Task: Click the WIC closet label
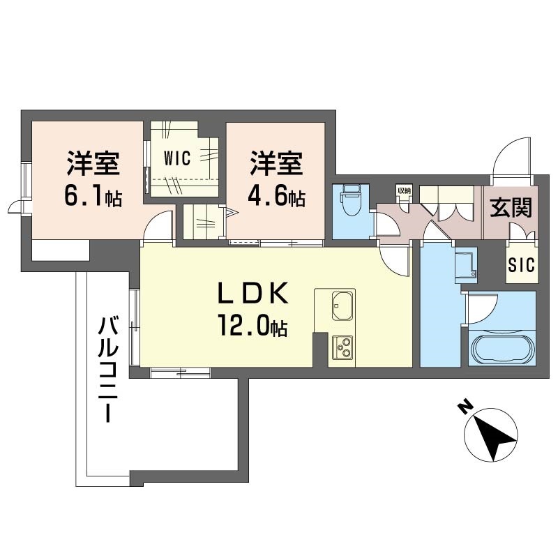[177, 158]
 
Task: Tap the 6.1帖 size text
[93, 197]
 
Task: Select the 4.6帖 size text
[276, 197]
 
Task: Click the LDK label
[253, 293]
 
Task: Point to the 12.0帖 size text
[253, 326]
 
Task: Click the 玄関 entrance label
[511, 207]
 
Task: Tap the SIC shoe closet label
[521, 265]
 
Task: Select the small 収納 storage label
[404, 190]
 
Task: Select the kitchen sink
[343, 306]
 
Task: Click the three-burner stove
[342, 347]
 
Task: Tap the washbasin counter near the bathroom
[466, 265]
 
